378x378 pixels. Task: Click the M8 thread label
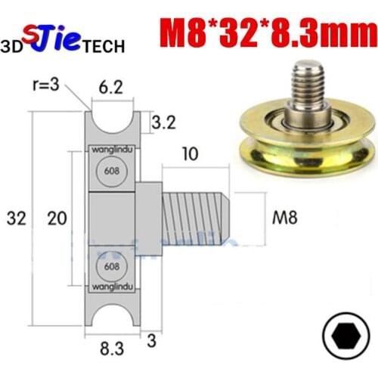coord(283,218)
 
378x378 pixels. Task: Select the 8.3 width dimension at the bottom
coord(113,349)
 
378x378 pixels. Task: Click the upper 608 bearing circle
coord(113,170)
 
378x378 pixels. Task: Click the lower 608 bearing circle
coord(113,268)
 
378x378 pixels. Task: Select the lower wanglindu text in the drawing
coord(113,287)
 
